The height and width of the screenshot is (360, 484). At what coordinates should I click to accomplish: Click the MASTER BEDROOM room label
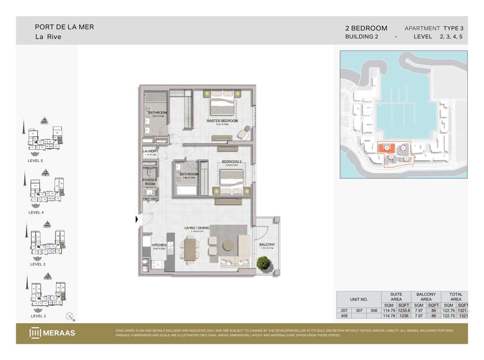tap(222, 121)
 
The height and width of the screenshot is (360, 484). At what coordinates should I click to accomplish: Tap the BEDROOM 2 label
tap(232, 162)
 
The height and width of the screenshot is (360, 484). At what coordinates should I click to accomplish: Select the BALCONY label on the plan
tap(267, 245)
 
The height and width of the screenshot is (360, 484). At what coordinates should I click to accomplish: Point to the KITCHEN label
tap(159, 245)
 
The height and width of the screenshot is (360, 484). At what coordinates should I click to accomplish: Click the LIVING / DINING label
tap(197, 228)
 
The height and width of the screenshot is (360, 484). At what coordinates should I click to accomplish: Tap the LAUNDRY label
tap(150, 151)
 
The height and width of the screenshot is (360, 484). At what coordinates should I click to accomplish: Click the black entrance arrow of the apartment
tap(137, 220)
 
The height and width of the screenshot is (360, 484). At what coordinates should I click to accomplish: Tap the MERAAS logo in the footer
tap(52, 333)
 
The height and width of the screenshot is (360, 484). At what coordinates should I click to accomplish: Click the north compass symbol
tap(70, 316)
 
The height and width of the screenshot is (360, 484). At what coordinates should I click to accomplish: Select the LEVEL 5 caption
tap(33, 161)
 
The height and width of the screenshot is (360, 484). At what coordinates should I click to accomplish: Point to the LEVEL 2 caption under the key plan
tap(38, 316)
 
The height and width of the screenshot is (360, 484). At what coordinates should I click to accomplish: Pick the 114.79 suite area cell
tap(389, 310)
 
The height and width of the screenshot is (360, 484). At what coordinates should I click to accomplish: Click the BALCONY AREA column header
tap(426, 297)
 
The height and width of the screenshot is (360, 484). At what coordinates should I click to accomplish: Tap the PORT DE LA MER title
tap(64, 27)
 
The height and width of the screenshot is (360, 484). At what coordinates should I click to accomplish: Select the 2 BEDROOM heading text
tap(366, 28)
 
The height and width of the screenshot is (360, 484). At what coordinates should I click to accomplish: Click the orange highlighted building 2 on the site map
tap(386, 148)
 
